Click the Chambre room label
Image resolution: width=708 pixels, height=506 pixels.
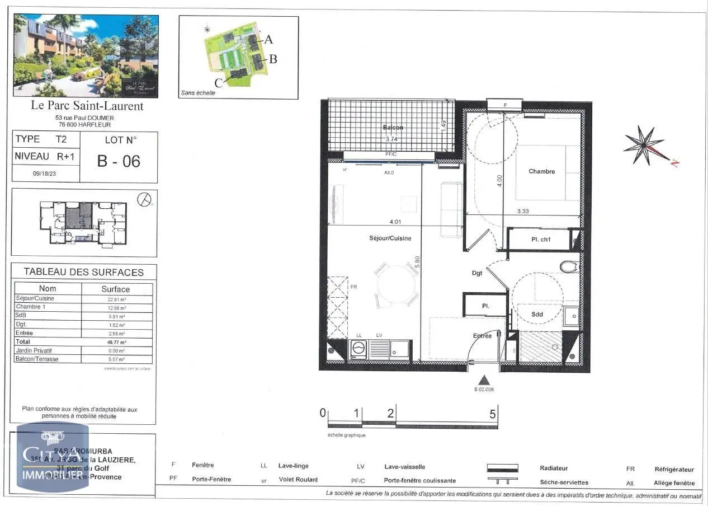[541, 171]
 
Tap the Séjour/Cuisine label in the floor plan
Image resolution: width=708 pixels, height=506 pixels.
[390, 238]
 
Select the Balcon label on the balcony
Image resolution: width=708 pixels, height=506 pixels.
[393, 128]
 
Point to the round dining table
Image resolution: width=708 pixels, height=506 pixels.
[396, 284]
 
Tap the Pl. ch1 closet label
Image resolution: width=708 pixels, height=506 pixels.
[542, 240]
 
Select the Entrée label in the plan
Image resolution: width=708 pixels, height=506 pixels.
[482, 336]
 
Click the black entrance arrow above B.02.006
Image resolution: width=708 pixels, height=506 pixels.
[484, 379]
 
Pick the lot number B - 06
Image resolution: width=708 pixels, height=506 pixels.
[119, 161]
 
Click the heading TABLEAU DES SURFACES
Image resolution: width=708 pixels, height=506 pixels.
[84, 273]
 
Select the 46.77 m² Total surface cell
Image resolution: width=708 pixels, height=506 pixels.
[116, 341]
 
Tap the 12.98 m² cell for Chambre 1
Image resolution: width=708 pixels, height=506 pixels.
[116, 307]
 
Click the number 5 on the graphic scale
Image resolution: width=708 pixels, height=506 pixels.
[493, 414]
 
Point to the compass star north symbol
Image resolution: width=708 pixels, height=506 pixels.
[644, 145]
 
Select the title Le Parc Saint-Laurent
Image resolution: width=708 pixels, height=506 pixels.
[86, 106]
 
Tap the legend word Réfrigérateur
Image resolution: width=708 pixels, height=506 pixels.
[674, 470]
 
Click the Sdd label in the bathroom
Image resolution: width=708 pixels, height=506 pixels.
[537, 315]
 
